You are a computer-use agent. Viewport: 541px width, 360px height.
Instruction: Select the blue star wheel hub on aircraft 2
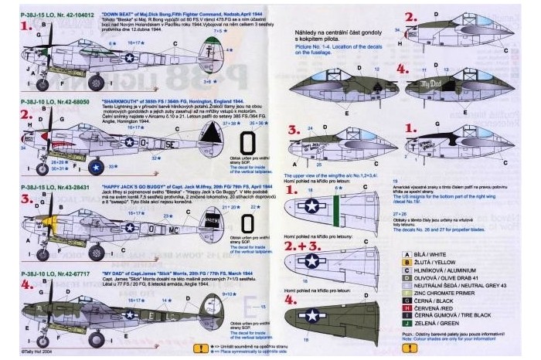pos(96,165)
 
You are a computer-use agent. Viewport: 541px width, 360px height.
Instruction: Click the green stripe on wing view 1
pos(335,209)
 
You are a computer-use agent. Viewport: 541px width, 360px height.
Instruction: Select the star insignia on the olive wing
pos(311,314)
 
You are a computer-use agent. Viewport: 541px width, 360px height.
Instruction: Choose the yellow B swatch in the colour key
pos(407,263)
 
